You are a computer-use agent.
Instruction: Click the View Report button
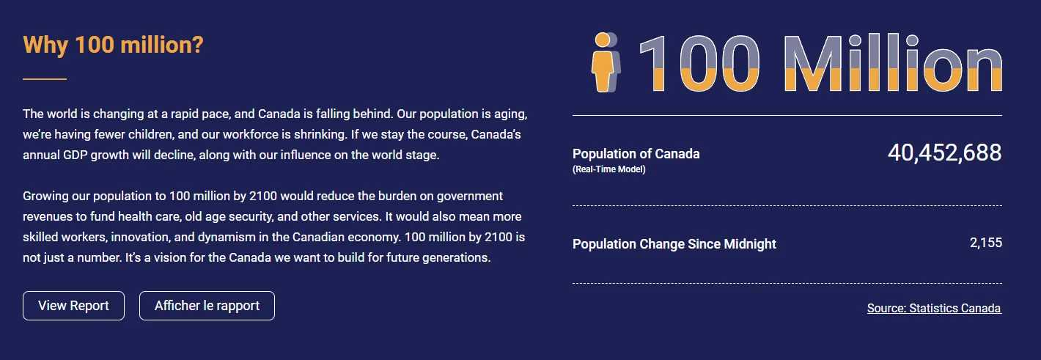(73, 306)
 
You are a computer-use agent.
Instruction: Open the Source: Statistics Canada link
(934, 309)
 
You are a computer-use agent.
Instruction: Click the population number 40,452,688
(944, 153)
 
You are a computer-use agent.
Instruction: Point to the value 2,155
(986, 243)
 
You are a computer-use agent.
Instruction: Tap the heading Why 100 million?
(113, 45)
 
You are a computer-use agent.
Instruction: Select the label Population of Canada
(636, 154)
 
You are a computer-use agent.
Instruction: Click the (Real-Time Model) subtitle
(608, 169)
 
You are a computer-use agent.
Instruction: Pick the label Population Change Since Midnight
(674, 244)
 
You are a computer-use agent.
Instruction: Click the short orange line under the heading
(45, 79)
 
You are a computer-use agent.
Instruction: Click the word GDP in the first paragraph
(76, 155)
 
